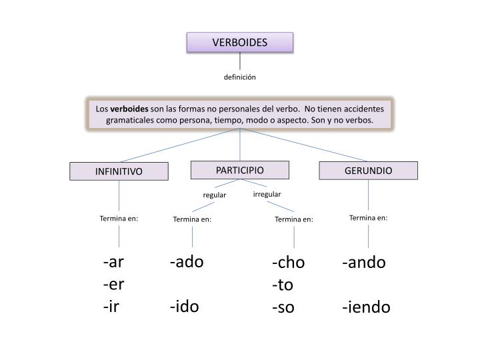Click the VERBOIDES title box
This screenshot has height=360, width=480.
(239, 43)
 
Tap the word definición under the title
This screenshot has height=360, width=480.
(239, 77)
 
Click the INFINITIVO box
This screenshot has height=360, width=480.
(119, 171)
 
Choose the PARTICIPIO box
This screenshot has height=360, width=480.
(239, 170)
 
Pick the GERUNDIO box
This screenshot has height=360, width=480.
(368, 171)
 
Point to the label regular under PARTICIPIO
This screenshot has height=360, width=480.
(215, 195)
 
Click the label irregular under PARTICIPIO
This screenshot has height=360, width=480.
(267, 194)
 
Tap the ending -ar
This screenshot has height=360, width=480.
(113, 262)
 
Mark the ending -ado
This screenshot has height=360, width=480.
(186, 261)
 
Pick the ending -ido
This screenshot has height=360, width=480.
(184, 307)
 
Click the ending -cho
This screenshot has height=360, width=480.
(288, 263)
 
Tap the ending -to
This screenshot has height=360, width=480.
(283, 285)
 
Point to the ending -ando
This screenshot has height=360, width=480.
(364, 262)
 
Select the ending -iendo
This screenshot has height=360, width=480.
(367, 307)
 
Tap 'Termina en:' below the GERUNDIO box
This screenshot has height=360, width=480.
(368, 217)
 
